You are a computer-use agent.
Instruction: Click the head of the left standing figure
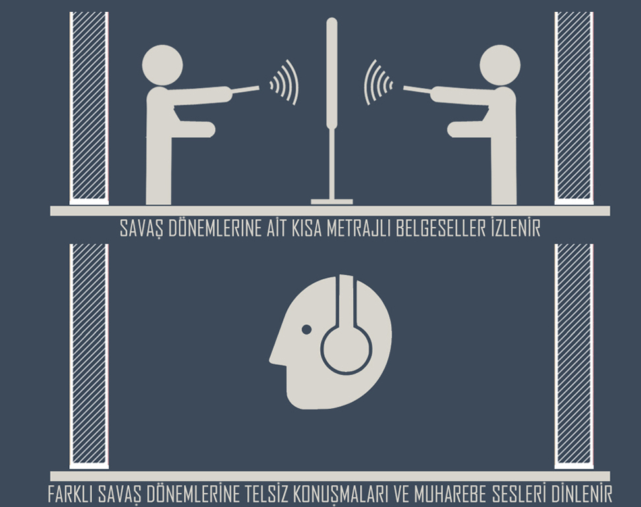point(162,65)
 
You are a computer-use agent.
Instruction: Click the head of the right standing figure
point(500,65)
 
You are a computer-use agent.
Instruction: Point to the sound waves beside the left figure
point(285,82)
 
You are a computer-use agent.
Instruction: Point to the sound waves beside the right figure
point(377,82)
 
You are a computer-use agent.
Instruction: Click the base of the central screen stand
point(331,201)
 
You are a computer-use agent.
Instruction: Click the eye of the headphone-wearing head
point(306,329)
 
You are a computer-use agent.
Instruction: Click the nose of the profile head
point(273,357)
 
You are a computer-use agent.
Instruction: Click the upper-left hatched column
point(89,108)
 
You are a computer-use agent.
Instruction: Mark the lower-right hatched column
point(574,356)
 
